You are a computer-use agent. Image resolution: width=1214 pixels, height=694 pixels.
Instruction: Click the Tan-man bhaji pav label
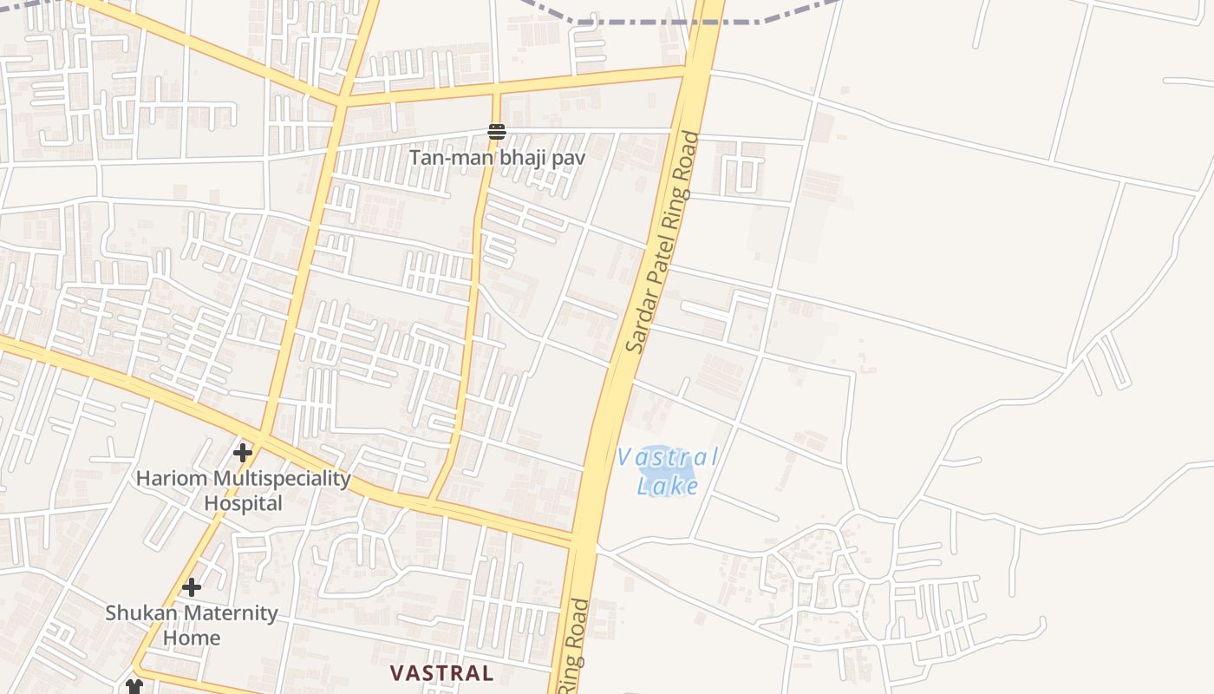coord(497,158)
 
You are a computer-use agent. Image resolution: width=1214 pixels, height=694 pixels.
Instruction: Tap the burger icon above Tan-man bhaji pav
coord(497,133)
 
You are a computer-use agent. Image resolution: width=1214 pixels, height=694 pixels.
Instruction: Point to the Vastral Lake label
coord(668,471)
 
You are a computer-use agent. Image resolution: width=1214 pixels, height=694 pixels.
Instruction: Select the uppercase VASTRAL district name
coord(441,672)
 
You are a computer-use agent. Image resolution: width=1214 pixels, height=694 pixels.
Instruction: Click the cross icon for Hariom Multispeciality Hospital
coord(243,452)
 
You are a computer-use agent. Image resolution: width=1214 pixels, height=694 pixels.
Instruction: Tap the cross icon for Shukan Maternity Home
coord(192,587)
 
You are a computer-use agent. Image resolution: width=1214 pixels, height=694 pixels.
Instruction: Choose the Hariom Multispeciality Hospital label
coord(244,490)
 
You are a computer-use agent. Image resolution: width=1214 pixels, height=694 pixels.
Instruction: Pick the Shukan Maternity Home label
coord(192,625)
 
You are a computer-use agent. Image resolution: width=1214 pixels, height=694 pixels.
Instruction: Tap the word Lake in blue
coord(668,485)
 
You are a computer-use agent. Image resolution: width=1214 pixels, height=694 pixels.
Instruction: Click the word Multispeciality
coord(282,479)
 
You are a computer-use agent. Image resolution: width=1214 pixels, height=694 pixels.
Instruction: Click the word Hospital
coord(244,503)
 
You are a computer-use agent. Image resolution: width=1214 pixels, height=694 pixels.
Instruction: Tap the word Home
coord(193,638)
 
